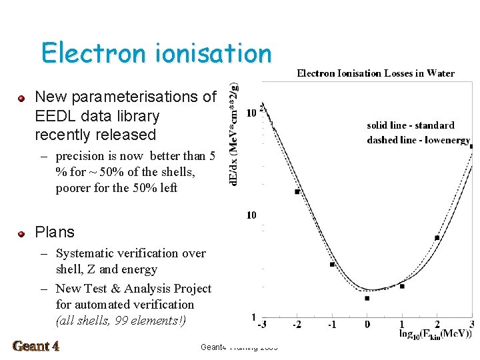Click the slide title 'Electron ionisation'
pos(156,53)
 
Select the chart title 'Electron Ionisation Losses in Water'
pos(375,73)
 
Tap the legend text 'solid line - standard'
pos(410,125)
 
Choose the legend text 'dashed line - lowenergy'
pos(418,140)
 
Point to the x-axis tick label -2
pos(297,324)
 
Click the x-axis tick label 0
pos(367,324)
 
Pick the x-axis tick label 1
pos(401,324)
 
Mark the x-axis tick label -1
pos(332,324)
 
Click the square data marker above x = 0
pos(367,298)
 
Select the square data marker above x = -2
pos(297,192)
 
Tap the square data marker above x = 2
pos(437,237)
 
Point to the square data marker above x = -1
pos(332,265)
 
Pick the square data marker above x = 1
pos(402,286)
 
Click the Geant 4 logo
pos(36,346)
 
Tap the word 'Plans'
pos(55,232)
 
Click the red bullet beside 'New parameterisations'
pos(21,98)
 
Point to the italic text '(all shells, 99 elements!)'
pos(121,321)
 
